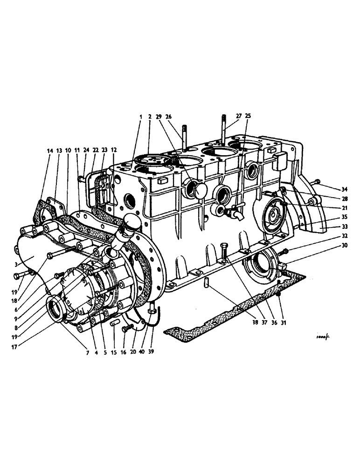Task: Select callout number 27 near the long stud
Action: click(239, 116)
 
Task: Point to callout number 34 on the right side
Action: click(344, 189)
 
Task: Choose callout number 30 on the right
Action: click(344, 245)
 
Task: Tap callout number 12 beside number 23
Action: click(114, 151)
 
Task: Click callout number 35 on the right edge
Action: click(344, 217)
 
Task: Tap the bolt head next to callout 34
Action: click(317, 181)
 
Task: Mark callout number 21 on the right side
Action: click(344, 208)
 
